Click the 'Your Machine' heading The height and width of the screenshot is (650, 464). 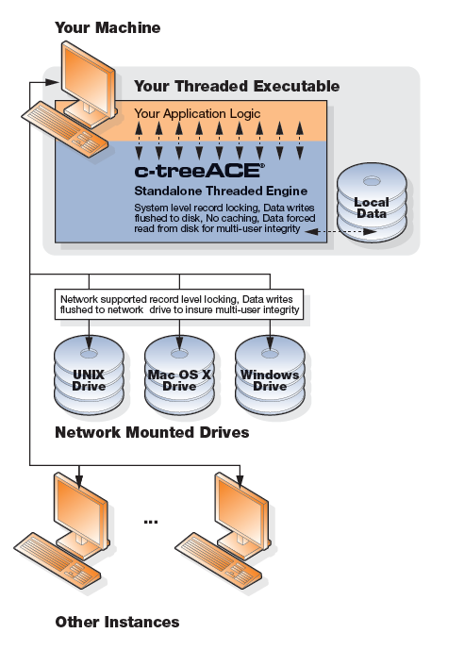[108, 27]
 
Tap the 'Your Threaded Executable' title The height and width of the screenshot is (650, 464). [237, 86]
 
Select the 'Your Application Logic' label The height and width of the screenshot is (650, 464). [197, 113]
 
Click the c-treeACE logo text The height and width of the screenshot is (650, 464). [199, 171]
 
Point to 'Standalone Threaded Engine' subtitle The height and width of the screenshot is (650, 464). [221, 192]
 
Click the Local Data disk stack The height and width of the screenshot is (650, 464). [372, 203]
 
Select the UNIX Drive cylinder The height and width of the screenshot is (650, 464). [89, 375]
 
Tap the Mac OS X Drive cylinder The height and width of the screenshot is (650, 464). [179, 375]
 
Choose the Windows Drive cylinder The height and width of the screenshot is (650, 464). [270, 375]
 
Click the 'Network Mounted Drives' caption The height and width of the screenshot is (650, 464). [152, 432]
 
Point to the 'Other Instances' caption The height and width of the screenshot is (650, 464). [117, 622]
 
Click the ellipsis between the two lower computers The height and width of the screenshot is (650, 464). [151, 523]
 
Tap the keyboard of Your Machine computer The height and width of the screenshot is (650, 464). [65, 129]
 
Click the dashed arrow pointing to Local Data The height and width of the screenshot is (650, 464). [340, 232]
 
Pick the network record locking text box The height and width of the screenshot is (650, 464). [179, 305]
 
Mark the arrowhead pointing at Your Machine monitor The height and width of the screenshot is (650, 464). [52, 82]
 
